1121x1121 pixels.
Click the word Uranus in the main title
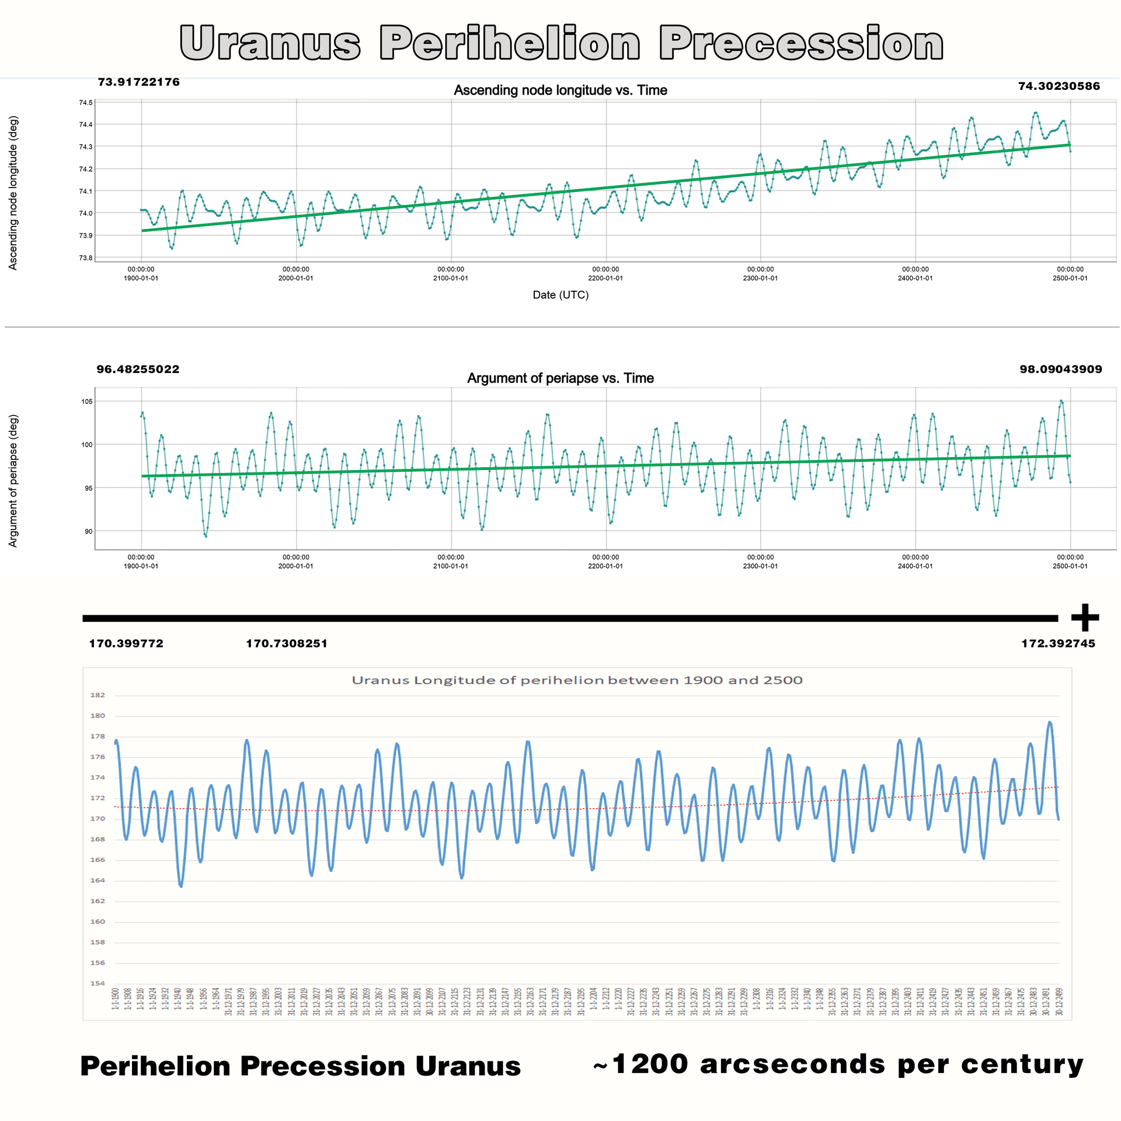tap(270, 44)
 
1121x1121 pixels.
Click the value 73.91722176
tap(138, 82)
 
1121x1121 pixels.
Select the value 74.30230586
tap(1059, 86)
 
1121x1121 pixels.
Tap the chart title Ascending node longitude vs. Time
tap(560, 90)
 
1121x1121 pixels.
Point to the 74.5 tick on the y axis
tap(86, 103)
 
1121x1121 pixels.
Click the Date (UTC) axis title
tap(560, 295)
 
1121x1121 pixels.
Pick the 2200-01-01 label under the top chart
tap(605, 278)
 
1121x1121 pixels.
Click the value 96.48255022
tap(138, 370)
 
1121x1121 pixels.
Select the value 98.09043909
tap(1060, 370)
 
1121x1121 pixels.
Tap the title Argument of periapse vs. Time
tap(560, 378)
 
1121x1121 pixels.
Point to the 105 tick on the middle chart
tap(87, 402)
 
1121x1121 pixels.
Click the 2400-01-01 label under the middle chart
tap(915, 566)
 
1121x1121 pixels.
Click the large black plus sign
tap(1085, 618)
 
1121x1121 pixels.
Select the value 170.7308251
tap(287, 643)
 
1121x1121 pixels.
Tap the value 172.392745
tap(1058, 643)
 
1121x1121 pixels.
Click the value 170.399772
tap(126, 643)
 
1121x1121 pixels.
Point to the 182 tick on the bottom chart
tap(98, 695)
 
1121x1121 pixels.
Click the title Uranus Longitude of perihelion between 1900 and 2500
tap(577, 680)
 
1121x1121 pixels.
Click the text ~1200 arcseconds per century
tap(838, 1064)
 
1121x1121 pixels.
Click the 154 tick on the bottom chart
tap(98, 983)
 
